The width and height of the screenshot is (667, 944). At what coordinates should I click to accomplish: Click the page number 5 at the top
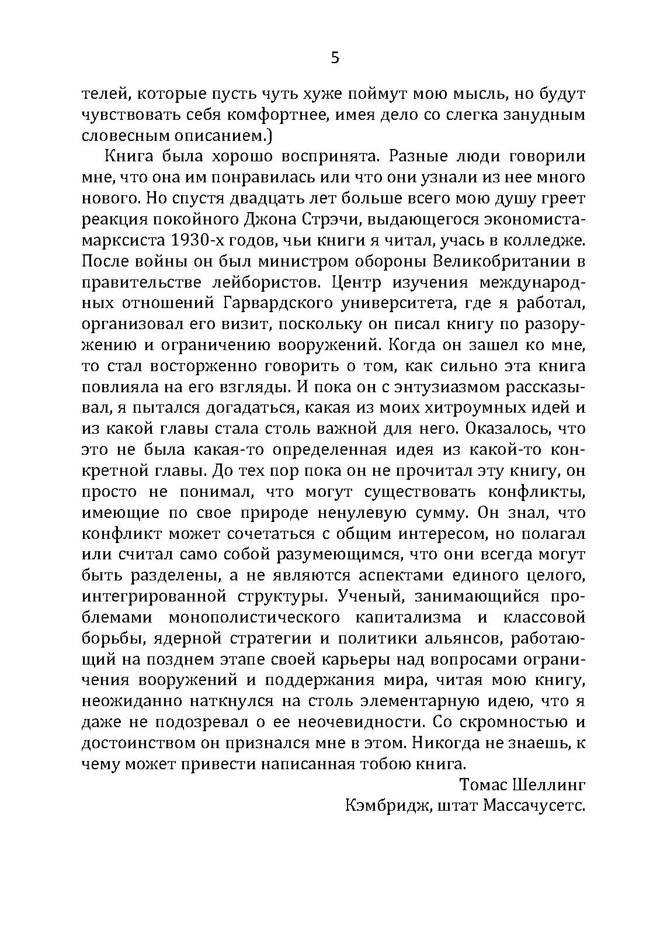click(335, 58)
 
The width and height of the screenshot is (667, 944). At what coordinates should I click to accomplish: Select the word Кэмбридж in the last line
click(387, 805)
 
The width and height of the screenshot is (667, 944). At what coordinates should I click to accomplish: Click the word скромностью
click(505, 721)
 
